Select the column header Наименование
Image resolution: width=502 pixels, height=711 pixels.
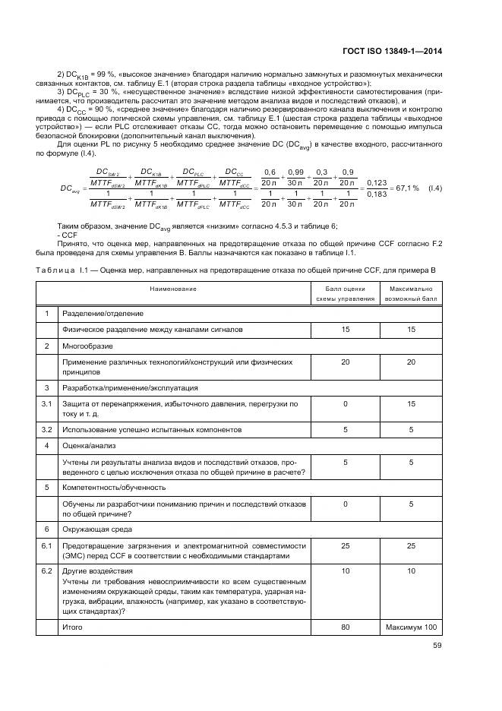point(172,289)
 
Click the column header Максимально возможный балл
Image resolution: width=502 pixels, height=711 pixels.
point(410,294)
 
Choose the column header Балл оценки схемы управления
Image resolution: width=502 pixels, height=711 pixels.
point(345,294)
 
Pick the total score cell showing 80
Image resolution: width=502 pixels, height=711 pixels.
point(345,627)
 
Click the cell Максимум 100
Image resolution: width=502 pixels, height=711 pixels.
point(410,627)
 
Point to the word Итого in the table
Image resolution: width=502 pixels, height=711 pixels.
point(72,627)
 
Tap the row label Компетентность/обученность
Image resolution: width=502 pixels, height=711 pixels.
point(113,487)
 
